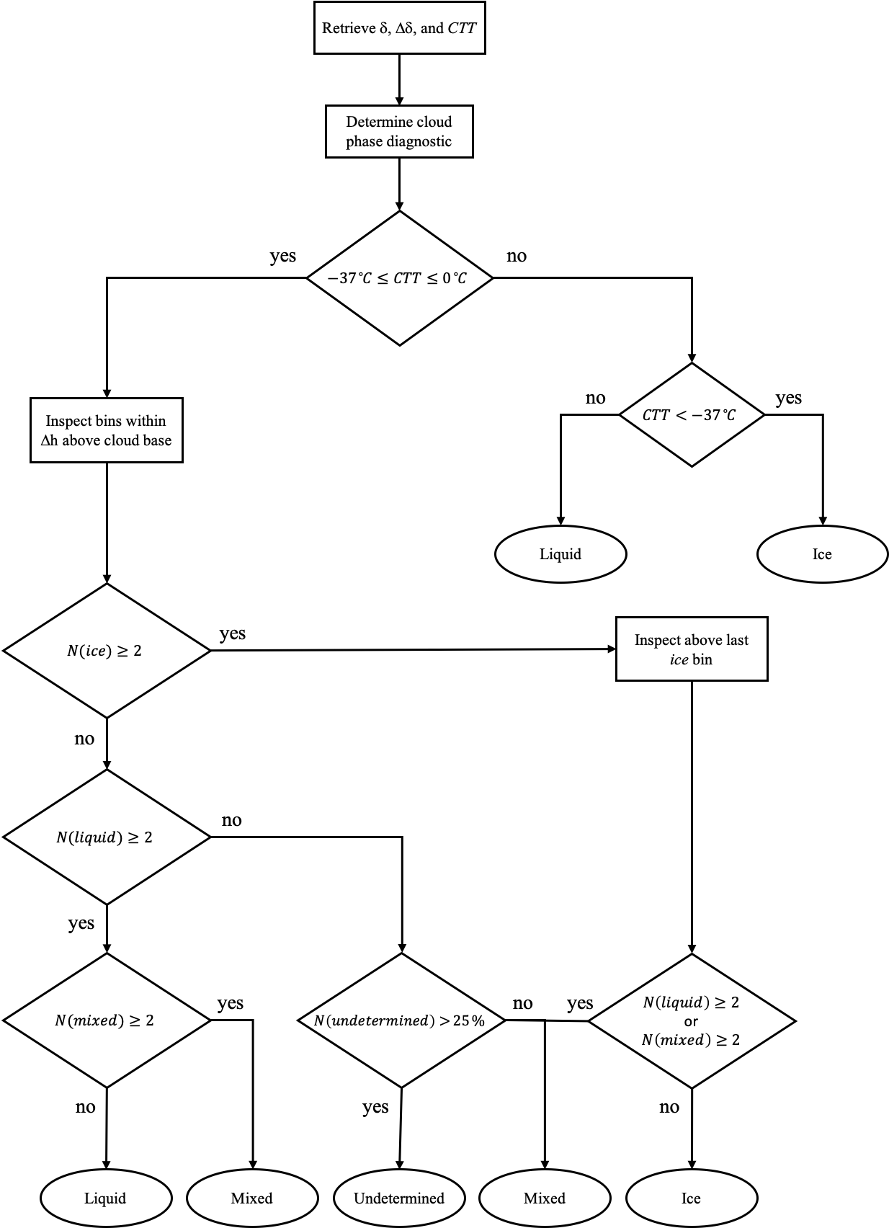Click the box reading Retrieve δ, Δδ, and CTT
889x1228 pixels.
(x=399, y=29)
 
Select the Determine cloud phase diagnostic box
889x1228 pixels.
(x=399, y=131)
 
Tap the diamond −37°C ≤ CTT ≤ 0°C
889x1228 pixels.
(x=399, y=278)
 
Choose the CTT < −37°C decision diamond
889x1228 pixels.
(x=691, y=415)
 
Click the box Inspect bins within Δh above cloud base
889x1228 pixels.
(x=107, y=430)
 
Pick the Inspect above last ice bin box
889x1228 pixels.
(x=691, y=649)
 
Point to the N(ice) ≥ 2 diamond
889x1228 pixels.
(x=107, y=651)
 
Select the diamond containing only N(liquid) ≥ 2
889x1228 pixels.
(x=107, y=837)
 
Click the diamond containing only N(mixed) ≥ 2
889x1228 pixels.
(x=107, y=1020)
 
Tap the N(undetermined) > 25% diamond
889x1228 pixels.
(x=401, y=1020)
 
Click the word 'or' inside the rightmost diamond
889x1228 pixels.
(x=691, y=1021)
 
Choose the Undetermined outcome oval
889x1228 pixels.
(x=399, y=1198)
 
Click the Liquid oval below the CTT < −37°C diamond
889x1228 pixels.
(x=560, y=554)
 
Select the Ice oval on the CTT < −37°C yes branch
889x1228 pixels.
(x=822, y=554)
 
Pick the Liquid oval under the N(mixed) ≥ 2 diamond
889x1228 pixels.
(x=106, y=1198)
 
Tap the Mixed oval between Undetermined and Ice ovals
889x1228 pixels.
(x=545, y=1198)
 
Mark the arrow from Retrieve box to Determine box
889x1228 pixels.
(x=399, y=79)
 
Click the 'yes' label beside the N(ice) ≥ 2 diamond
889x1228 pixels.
(x=233, y=633)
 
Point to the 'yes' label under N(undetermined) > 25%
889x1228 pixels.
(x=375, y=1107)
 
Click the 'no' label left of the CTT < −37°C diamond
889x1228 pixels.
(x=596, y=399)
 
